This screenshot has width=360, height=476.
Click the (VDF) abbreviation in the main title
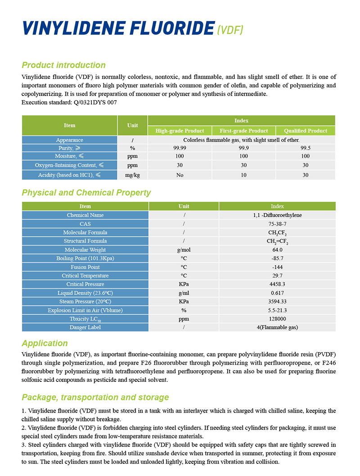pyautogui.click(x=230, y=30)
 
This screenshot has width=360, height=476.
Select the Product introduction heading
pyautogui.click(x=63, y=65)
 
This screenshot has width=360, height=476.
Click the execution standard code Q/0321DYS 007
pyautogui.click(x=93, y=103)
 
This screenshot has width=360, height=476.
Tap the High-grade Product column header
pyautogui.click(x=180, y=131)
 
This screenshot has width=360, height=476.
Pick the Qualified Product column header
pyautogui.click(x=306, y=131)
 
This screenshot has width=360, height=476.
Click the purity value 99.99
pyautogui.click(x=180, y=148)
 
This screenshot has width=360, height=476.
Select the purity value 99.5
pyautogui.click(x=306, y=148)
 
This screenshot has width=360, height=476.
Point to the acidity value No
pyautogui.click(x=180, y=175)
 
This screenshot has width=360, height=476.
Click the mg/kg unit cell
pyautogui.click(x=132, y=175)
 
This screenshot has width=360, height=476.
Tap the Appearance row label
pyautogui.click(x=69, y=140)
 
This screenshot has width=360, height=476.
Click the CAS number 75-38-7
pyautogui.click(x=277, y=224)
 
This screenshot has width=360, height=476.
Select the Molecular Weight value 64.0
pyautogui.click(x=277, y=249)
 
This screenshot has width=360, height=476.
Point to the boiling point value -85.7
pyautogui.click(x=277, y=258)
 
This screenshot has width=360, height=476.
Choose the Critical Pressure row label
pyautogui.click(x=85, y=284)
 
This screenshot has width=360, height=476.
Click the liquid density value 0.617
pyautogui.click(x=277, y=293)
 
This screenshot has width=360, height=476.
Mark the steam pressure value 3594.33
pyautogui.click(x=277, y=301)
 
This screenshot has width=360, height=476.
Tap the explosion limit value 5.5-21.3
pyautogui.click(x=277, y=310)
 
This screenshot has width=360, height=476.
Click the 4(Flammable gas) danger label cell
pyautogui.click(x=277, y=327)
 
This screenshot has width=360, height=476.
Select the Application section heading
pyautogui.click(x=45, y=343)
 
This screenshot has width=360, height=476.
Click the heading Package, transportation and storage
pyautogui.click(x=95, y=397)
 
